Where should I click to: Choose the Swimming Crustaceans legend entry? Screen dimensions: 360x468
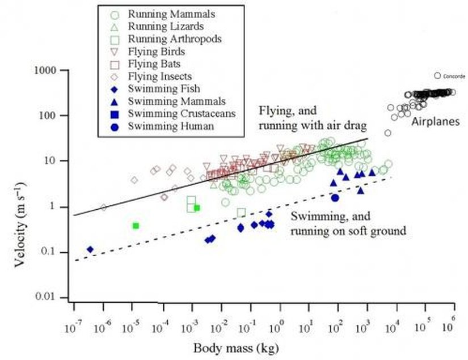(174, 113)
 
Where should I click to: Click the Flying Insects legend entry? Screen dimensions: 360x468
(160, 76)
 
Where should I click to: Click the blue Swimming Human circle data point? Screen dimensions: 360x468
(335, 197)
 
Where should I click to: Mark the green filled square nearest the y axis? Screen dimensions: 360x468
(136, 226)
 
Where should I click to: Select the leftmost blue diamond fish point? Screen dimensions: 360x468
(90, 249)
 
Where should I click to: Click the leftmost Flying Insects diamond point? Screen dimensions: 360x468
(103, 207)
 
